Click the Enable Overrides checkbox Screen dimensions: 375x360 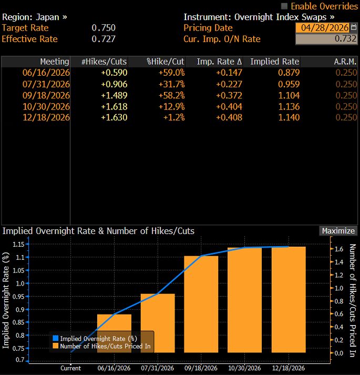pos(285,6)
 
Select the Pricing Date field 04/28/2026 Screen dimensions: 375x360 pos(322,28)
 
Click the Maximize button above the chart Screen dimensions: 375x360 pos(338,231)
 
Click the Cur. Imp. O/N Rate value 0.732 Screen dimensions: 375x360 pos(326,39)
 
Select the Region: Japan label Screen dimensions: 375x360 pos(35,17)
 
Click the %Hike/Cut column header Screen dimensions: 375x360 pos(165,62)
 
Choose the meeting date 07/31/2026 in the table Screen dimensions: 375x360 pos(46,84)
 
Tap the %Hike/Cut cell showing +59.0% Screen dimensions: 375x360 pos(171,73)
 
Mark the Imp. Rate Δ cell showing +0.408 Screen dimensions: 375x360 pos(230,117)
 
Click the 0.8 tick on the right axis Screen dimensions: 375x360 pos(340,301)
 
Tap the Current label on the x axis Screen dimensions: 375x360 pos(70,368)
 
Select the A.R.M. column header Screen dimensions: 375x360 pos(345,62)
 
